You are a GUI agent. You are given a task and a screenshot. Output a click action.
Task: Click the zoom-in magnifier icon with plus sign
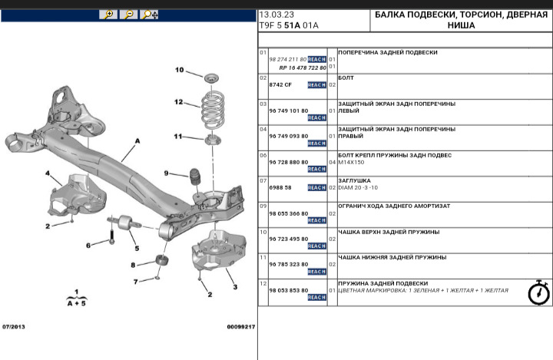(108, 15)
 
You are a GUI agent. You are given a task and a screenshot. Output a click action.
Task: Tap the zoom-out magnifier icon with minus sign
(129, 15)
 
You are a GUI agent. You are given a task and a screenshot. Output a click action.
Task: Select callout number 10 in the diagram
(179, 71)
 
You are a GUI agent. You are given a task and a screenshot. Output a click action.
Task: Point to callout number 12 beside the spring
(178, 101)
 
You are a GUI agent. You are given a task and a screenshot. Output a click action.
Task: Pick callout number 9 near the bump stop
(164, 173)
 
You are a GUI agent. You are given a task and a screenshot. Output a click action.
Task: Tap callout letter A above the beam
(137, 141)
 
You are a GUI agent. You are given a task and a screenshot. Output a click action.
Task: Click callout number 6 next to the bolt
(88, 245)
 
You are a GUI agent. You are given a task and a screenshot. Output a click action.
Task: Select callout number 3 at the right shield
(235, 286)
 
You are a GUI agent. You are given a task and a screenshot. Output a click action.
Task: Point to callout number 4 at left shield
(48, 173)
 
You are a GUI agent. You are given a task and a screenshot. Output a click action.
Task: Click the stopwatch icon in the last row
(538, 293)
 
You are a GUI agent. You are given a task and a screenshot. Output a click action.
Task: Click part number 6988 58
(280, 187)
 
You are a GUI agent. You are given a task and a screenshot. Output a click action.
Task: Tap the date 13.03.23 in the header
(276, 15)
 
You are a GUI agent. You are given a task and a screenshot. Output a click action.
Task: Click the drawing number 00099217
(240, 327)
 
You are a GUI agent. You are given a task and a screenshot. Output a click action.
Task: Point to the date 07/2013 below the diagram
(14, 327)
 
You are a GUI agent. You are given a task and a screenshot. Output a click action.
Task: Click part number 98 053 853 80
(288, 290)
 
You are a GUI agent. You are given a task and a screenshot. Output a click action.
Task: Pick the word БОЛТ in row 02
(346, 78)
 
